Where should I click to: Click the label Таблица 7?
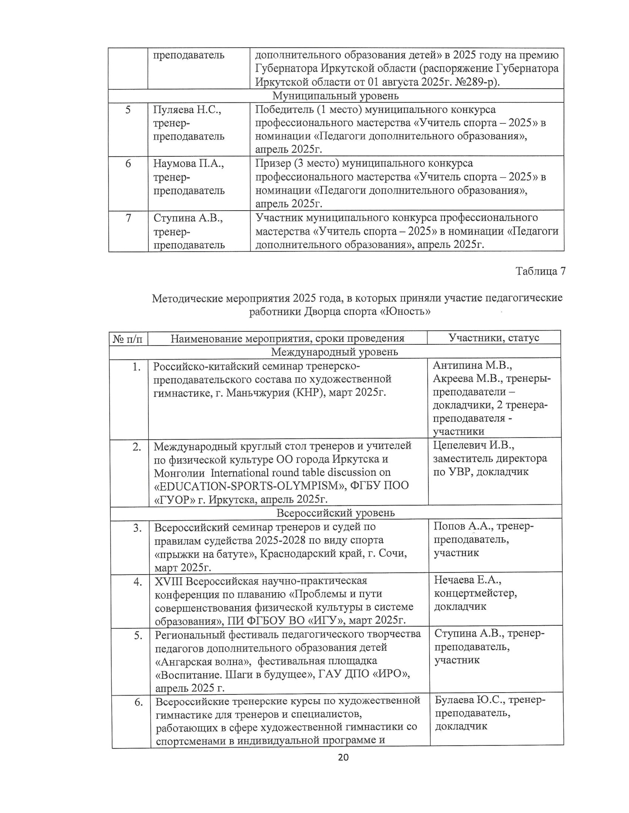[540, 271]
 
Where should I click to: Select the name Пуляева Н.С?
[187, 110]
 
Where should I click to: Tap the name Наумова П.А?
[189, 163]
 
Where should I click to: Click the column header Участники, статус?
[494, 338]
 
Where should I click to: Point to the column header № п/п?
[128, 339]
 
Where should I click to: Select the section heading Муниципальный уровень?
[335, 96]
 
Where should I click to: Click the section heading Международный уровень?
[334, 351]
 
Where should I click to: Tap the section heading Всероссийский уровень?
[335, 513]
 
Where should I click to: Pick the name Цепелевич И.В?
[473, 445]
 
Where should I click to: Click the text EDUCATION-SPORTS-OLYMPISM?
[281, 486]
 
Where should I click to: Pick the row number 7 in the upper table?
[128, 218]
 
